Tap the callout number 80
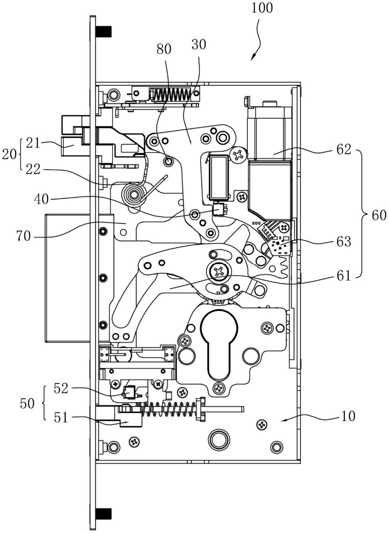pyautogui.click(x=164, y=49)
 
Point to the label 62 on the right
pyautogui.click(x=344, y=149)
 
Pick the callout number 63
pyautogui.click(x=344, y=241)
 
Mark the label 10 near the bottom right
pyautogui.click(x=348, y=416)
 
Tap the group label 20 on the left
pyautogui.click(x=9, y=155)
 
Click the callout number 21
pyautogui.click(x=33, y=143)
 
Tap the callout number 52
pyautogui.click(x=61, y=389)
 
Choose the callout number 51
pyautogui.click(x=61, y=417)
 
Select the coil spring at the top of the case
pyautogui.click(x=172, y=94)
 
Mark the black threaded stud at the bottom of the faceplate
pyautogui.click(x=104, y=513)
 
